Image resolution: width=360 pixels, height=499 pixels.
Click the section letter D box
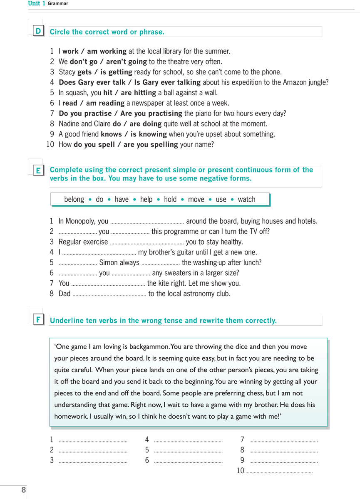[38, 31]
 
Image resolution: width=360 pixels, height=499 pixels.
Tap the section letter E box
[38, 170]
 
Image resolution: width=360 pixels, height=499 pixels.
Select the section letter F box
[38, 320]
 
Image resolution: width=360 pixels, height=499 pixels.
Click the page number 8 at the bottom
[24, 490]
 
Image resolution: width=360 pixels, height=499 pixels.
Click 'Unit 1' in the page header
[37, 3]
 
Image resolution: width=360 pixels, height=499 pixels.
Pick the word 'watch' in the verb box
[246, 199]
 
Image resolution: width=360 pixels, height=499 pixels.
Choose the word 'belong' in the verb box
[74, 199]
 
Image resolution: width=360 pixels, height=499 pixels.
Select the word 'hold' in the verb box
[170, 199]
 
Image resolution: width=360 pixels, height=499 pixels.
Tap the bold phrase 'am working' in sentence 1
[107, 52]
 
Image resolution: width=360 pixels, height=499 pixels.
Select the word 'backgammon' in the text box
[149, 346]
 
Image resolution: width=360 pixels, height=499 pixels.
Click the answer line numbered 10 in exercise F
[278, 471]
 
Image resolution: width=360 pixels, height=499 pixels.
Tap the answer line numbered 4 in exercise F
[188, 440]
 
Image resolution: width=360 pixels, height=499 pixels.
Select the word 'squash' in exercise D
[77, 93]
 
